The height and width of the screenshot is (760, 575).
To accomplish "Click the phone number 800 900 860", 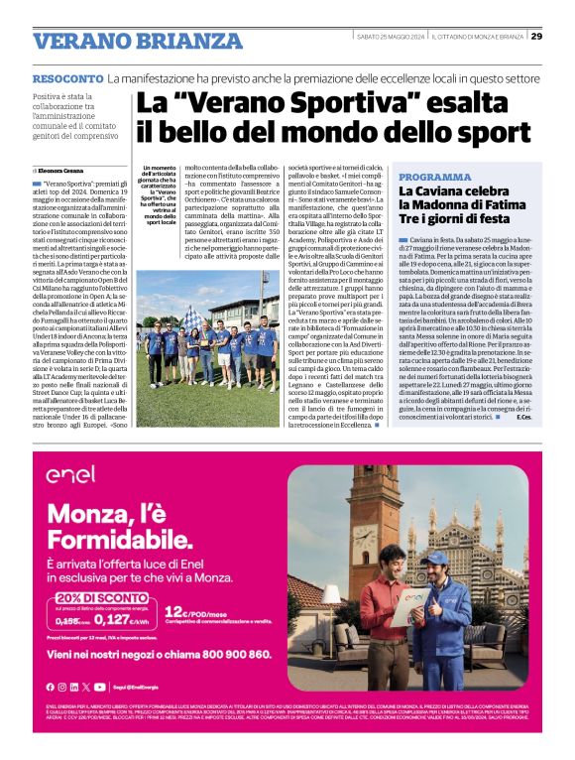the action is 227,655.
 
